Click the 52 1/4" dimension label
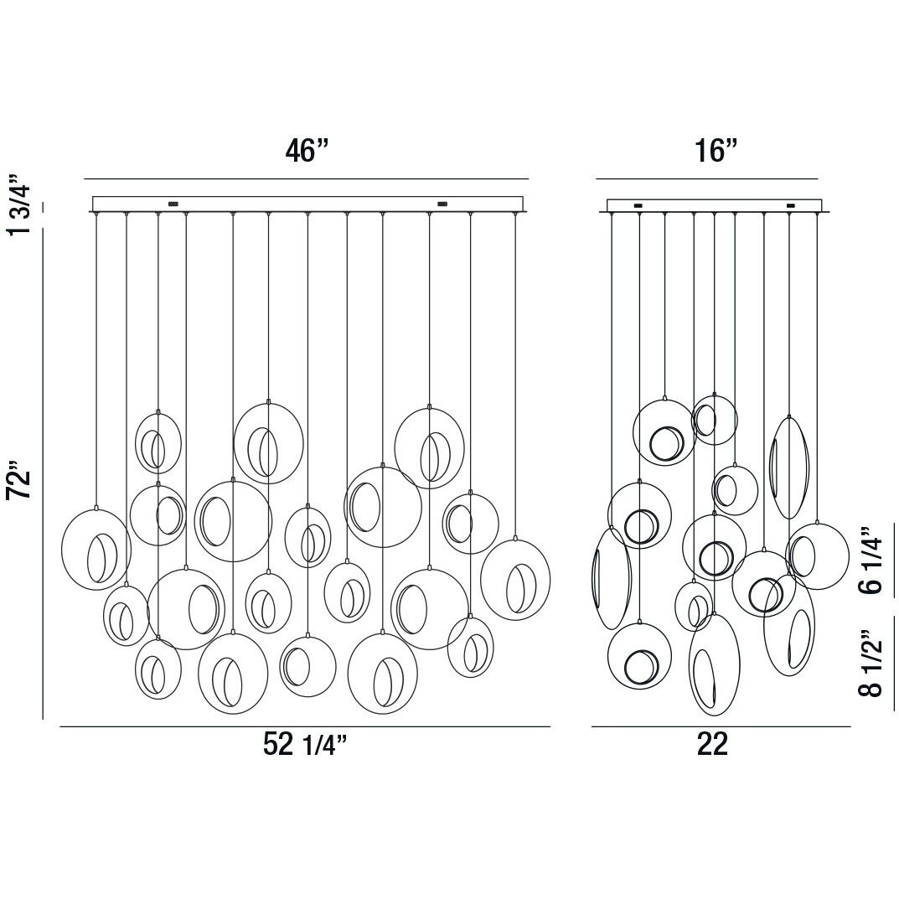point(306,744)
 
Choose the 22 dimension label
point(713,744)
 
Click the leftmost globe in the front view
point(62,550)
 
